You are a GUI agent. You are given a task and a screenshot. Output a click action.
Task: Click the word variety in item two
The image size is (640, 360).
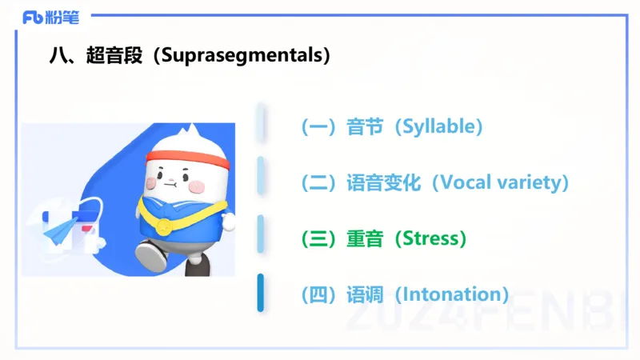pyautogui.click(x=530, y=182)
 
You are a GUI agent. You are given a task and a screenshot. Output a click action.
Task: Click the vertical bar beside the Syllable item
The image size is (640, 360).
pyautogui.click(x=261, y=122)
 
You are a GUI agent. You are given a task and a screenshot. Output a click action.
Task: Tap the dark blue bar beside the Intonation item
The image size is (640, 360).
pyautogui.click(x=261, y=293)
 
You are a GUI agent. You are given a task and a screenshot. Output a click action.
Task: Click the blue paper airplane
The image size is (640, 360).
pyautogui.click(x=61, y=233)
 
